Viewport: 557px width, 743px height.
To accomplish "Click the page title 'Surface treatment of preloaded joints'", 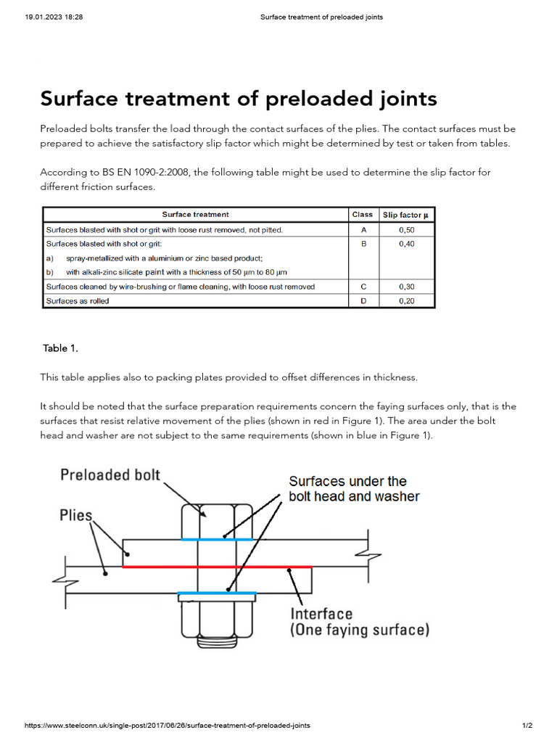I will click(x=239, y=98).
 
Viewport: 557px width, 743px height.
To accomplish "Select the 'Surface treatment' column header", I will click(x=195, y=214).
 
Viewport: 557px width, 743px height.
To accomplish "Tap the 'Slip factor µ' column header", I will click(x=406, y=215).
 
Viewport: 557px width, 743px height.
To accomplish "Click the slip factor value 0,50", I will click(x=406, y=229).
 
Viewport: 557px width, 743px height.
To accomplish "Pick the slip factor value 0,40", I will click(x=406, y=245).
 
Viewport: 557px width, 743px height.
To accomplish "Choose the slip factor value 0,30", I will click(x=406, y=287).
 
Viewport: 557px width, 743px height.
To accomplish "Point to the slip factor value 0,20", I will click(x=406, y=300).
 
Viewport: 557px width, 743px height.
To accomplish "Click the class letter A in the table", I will click(x=363, y=229).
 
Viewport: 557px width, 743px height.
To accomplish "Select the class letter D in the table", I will click(x=363, y=300).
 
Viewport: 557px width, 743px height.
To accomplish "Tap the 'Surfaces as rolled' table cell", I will click(x=78, y=300).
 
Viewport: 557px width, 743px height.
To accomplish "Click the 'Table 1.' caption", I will click(x=60, y=348).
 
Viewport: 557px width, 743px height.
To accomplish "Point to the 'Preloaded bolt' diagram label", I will click(x=110, y=476).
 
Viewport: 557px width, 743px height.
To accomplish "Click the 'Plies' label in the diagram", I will click(x=75, y=516).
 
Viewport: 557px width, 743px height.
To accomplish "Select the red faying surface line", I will click(x=218, y=566).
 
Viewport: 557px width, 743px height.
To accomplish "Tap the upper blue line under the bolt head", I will click(x=217, y=539).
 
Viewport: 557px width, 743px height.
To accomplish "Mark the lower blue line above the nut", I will click(x=217, y=594).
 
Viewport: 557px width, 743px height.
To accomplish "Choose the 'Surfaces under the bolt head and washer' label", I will click(x=354, y=488).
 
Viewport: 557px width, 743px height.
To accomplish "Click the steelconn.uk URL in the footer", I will click(x=168, y=726).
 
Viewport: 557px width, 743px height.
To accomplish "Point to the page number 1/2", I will click(x=527, y=726).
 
